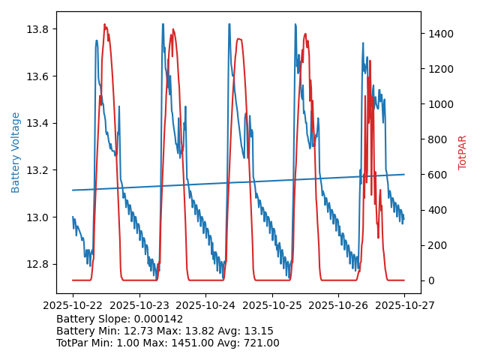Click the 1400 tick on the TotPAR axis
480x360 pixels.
439,34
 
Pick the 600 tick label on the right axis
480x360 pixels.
436,175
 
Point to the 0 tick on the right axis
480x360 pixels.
430,280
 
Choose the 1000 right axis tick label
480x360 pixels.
439,104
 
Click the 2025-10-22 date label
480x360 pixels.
73,306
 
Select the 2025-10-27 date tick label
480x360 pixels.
404,306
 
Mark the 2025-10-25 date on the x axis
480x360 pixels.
271,306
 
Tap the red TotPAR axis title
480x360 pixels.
463,152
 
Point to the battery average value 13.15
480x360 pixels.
258,331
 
